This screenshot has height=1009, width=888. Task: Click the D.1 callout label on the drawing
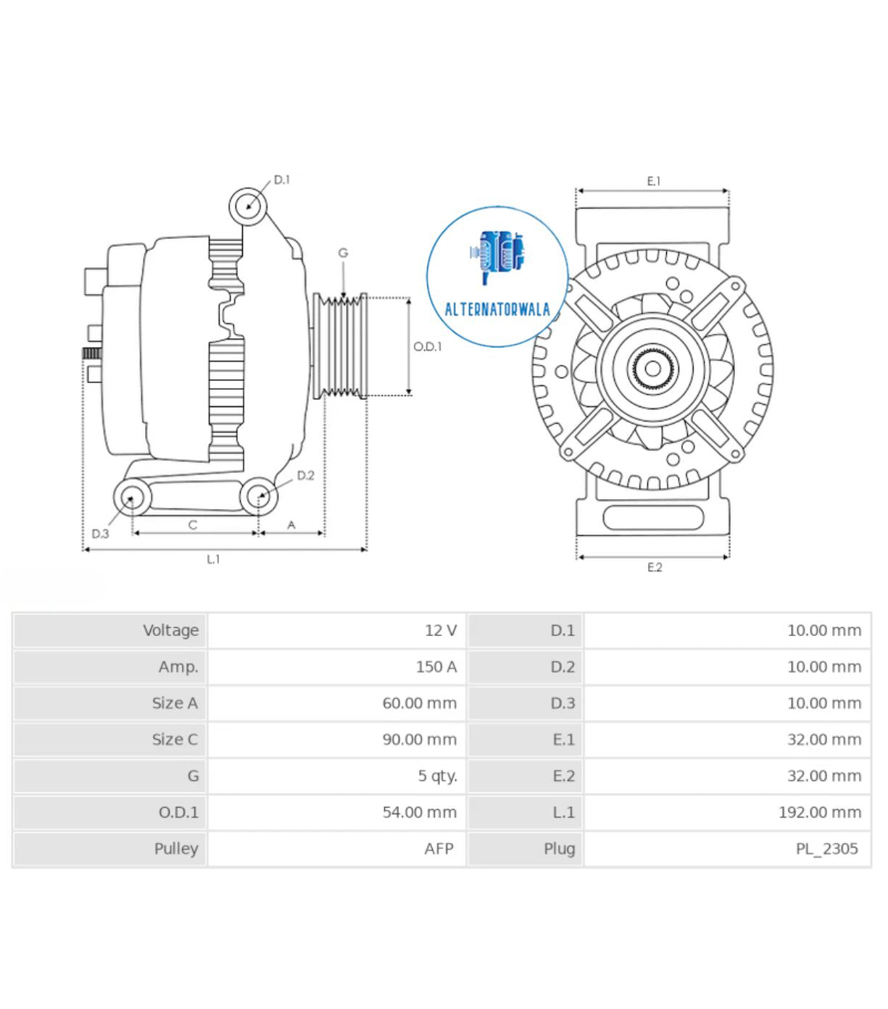tap(281, 180)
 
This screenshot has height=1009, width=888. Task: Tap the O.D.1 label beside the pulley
tap(427, 347)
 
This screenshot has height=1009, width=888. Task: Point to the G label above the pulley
tap(343, 253)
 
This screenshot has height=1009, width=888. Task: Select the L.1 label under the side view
tap(213, 559)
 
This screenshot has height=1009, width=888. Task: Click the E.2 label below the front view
tap(654, 567)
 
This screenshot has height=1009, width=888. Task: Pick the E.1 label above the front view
tap(653, 181)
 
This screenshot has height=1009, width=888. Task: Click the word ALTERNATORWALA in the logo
tap(497, 310)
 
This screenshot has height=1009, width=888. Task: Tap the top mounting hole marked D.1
tap(249, 206)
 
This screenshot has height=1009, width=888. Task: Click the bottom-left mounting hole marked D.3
tap(132, 498)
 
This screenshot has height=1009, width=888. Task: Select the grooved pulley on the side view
tap(341, 346)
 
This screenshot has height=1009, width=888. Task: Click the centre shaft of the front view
tap(652, 369)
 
